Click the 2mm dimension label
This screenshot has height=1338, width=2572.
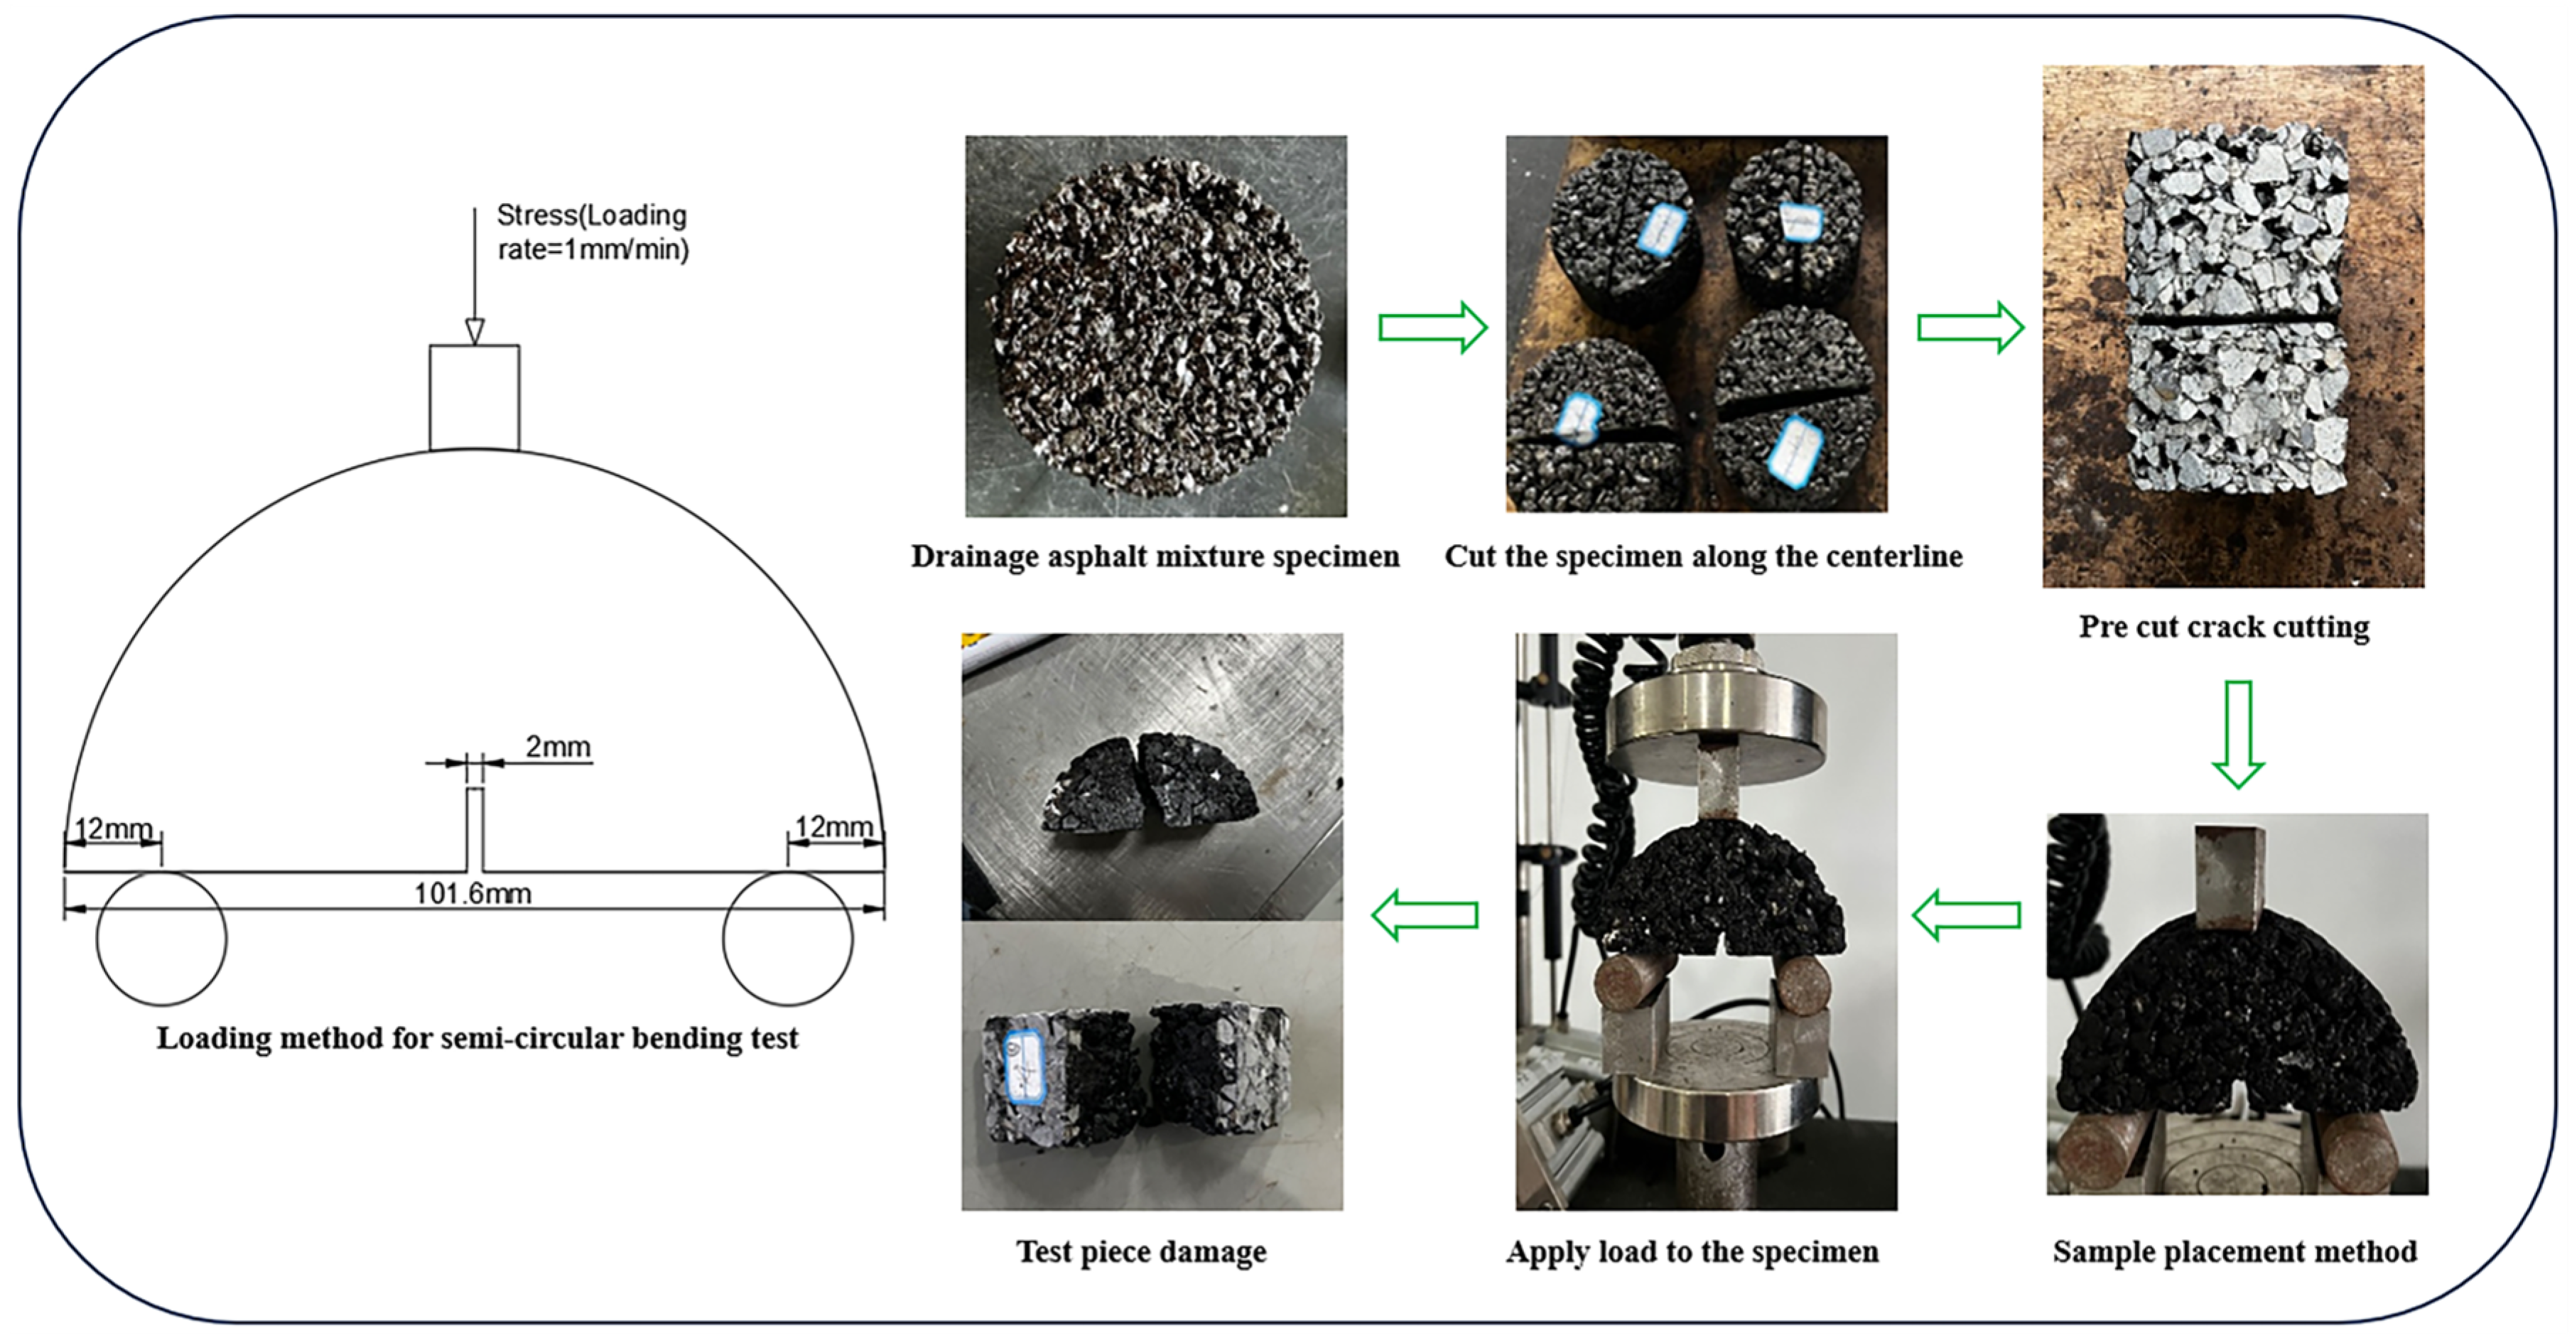pyautogui.click(x=558, y=746)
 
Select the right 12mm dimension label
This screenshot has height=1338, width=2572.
pyautogui.click(x=833, y=827)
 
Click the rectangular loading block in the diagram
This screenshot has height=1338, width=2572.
pyautogui.click(x=475, y=397)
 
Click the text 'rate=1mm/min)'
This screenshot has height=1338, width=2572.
pyautogui.click(x=593, y=249)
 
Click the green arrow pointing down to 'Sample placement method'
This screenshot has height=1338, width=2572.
pyautogui.click(x=2237, y=734)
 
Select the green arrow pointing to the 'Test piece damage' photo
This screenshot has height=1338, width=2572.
pyautogui.click(x=1425, y=915)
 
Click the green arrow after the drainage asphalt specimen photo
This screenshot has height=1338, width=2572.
pyautogui.click(x=1433, y=327)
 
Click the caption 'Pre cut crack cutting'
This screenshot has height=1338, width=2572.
pyautogui.click(x=2224, y=627)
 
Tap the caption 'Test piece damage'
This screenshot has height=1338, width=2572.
pyautogui.click(x=1141, y=1251)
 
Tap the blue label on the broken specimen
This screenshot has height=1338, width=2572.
pyautogui.click(x=1022, y=1069)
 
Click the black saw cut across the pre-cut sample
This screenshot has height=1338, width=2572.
pyautogui.click(x=2234, y=320)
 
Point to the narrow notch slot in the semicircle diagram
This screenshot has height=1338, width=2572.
pyautogui.click(x=475, y=829)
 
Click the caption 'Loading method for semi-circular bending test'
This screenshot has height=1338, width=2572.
pyautogui.click(x=477, y=1038)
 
